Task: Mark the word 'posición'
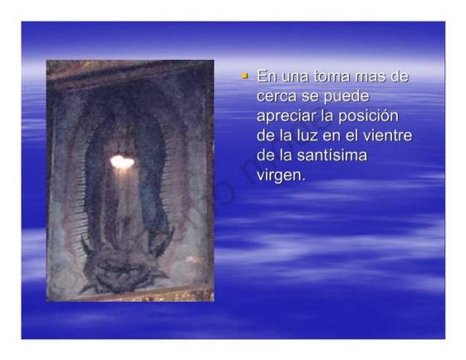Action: click(372, 116)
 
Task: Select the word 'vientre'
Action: click(390, 135)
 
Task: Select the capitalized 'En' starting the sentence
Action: click(267, 77)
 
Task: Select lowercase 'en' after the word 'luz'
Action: click(337, 135)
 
